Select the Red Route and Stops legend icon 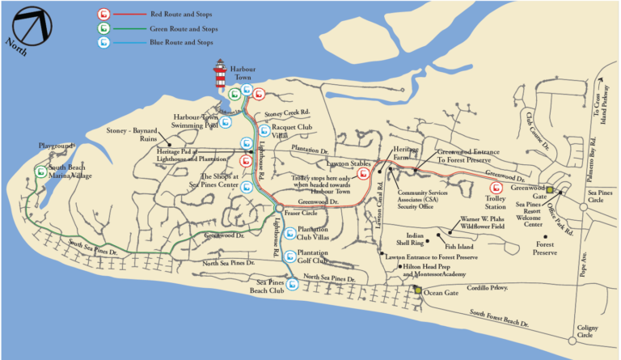coord(103,14)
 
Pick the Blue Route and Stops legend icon coord(103,42)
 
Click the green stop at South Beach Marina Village coord(40,171)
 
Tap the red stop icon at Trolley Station coord(496,188)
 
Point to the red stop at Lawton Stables coord(364,173)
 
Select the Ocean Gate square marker coord(417,290)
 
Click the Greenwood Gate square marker coord(549,189)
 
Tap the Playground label coord(57,146)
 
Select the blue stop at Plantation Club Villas coord(289,234)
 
